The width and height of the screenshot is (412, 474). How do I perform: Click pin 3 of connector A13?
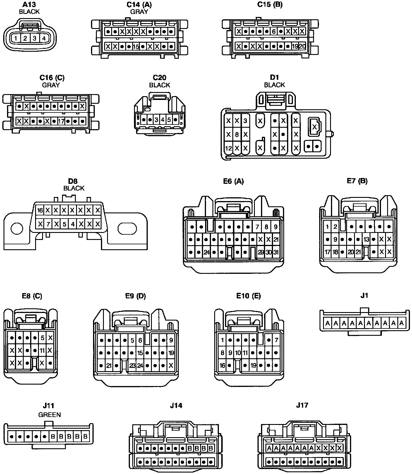[35, 38]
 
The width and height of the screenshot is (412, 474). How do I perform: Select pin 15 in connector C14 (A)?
[136, 46]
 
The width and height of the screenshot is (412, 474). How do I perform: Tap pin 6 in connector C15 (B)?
[274, 31]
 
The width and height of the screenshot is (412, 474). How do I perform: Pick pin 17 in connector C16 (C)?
[61, 121]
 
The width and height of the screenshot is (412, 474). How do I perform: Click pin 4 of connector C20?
[163, 120]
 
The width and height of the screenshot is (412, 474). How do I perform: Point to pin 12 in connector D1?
[229, 148]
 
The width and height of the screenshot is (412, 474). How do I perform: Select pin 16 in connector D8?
[40, 210]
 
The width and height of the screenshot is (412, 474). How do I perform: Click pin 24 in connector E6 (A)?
[207, 252]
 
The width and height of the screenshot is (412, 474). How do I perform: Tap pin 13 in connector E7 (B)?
[366, 239]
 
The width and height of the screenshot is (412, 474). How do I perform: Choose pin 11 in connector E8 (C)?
[42, 350]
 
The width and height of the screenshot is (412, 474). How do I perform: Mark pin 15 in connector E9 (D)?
[140, 353]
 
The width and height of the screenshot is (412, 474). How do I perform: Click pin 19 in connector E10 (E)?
[253, 365]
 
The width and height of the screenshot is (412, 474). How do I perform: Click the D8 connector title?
[74, 181]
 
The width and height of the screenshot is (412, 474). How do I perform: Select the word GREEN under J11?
[50, 414]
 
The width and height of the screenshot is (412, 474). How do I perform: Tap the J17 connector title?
[302, 405]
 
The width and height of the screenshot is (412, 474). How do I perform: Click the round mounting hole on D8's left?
[17, 229]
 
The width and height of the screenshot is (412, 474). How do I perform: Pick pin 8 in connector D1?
[237, 135]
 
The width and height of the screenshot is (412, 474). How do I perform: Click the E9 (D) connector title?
[135, 296]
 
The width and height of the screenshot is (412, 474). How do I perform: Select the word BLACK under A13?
[29, 12]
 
